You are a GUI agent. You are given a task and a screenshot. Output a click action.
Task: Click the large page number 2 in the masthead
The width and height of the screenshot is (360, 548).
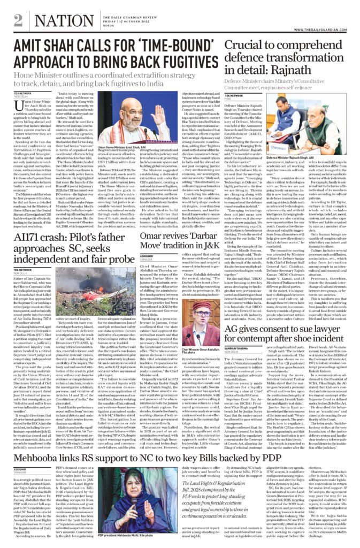[18, 20]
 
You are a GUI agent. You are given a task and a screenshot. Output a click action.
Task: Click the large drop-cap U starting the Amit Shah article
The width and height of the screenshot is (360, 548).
[19, 106]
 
